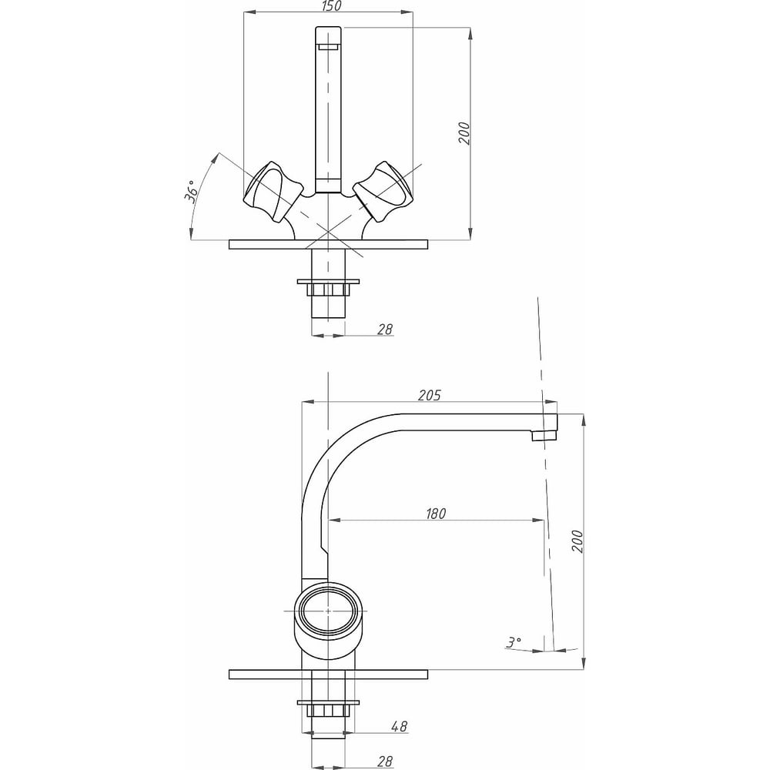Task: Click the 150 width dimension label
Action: tap(332, 6)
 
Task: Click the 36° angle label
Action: tap(192, 190)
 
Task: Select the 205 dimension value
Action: tap(429, 395)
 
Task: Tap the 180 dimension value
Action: tap(436, 514)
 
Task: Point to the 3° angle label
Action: tap(514, 641)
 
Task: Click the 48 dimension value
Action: tap(400, 726)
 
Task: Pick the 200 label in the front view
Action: tap(464, 133)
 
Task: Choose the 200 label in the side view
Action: tap(577, 541)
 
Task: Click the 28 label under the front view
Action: tap(385, 329)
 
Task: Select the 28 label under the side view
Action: tap(385, 762)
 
